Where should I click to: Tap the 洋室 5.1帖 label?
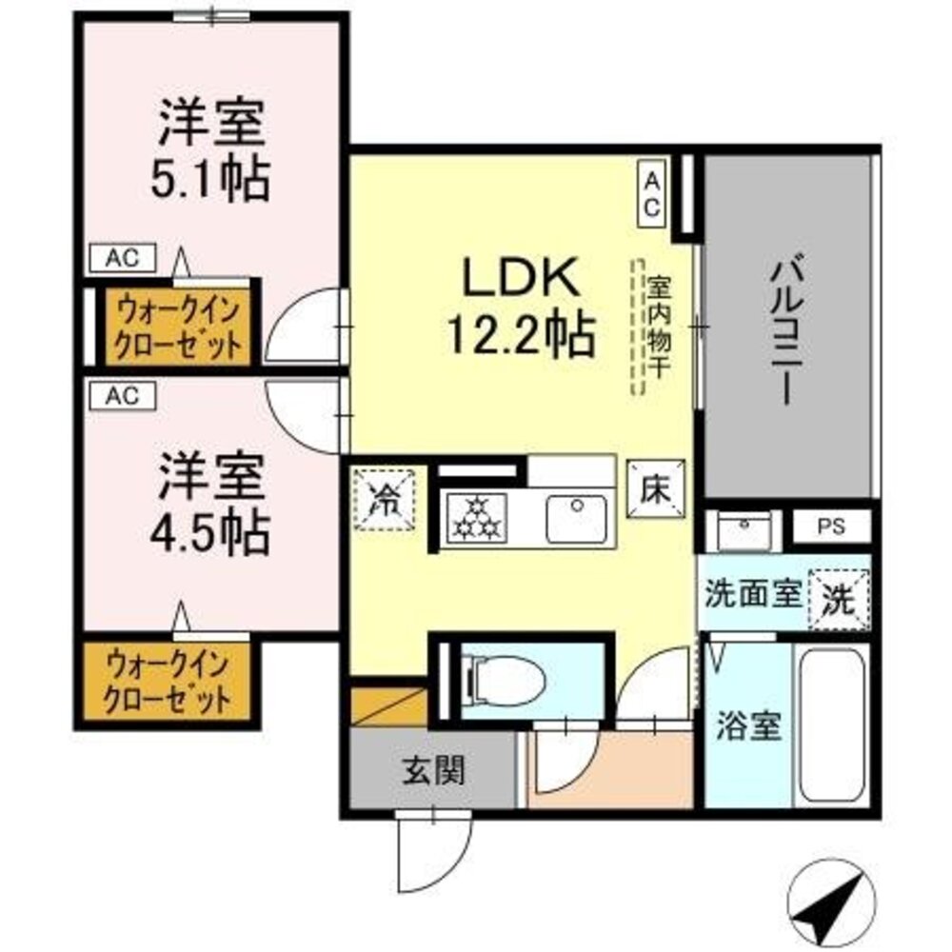[212, 152]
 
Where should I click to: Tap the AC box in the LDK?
[651, 193]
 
